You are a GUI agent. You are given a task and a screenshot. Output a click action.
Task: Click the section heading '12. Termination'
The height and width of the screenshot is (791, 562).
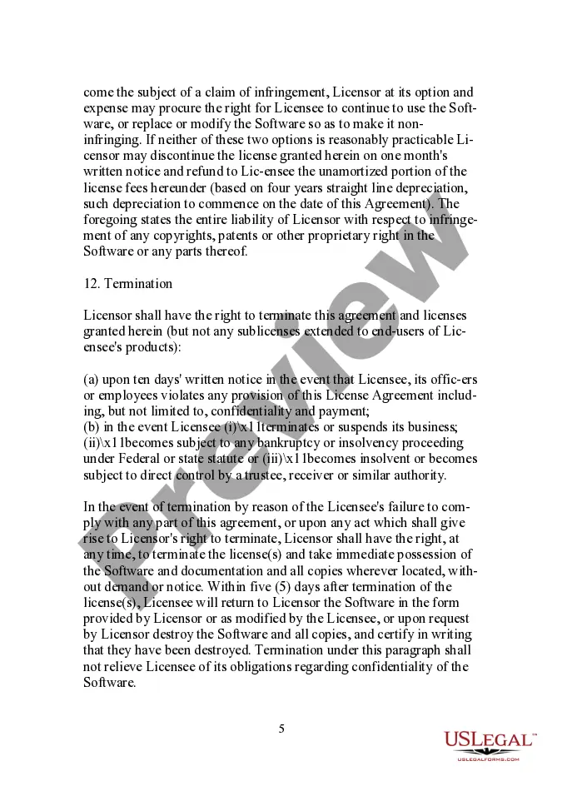[128, 283]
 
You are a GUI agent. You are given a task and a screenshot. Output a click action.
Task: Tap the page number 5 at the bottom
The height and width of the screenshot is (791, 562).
[281, 729]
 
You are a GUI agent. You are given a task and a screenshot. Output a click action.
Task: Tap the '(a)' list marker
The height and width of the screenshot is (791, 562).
[92, 379]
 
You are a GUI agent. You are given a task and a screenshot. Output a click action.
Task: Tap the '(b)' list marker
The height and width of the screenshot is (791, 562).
[92, 427]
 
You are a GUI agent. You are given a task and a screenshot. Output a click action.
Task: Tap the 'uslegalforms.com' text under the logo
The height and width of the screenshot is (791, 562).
[489, 759]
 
